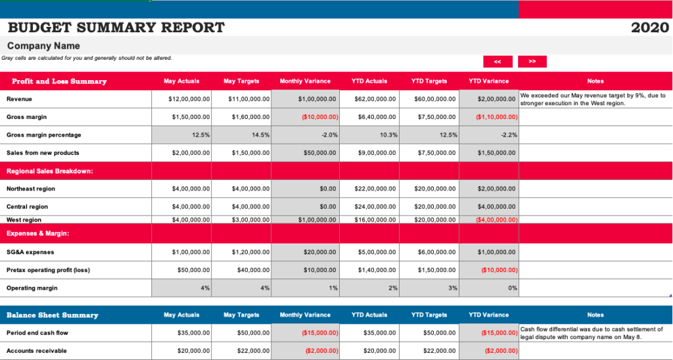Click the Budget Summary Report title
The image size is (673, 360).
(116, 28)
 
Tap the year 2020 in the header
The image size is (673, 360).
(649, 28)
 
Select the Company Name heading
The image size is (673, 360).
(43, 46)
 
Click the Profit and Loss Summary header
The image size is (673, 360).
(59, 81)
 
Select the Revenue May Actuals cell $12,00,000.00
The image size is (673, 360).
(189, 99)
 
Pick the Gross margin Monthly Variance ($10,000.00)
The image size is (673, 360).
(319, 117)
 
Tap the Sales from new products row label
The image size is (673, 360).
(43, 152)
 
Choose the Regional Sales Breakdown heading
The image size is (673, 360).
(49, 171)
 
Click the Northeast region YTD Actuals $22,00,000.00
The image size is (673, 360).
(374, 189)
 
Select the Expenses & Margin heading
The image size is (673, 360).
(38, 233)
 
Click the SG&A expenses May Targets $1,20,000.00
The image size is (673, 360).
(250, 252)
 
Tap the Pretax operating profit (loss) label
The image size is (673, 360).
(48, 270)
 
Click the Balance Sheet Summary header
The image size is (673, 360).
(53, 315)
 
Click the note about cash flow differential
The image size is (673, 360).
(592, 333)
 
